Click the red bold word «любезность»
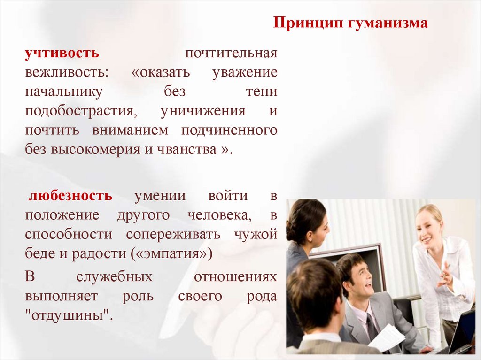pos(70,195)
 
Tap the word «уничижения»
pos(203,111)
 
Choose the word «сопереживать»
pos(177,234)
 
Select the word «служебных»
pos(114,276)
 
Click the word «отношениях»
pos(235,276)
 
